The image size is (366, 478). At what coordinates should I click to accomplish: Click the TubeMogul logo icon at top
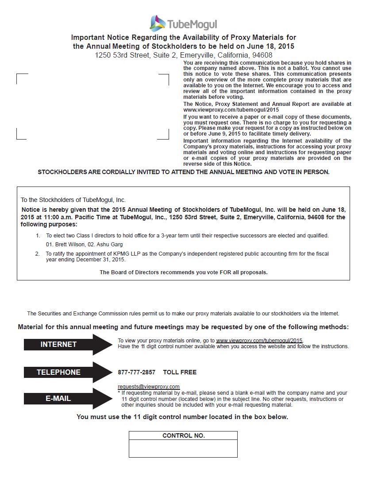click(x=158, y=23)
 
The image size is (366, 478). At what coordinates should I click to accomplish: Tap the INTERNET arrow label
click(x=58, y=344)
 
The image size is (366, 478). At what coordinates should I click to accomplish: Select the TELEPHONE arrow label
click(x=58, y=372)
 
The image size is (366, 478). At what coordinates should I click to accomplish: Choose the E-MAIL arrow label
click(x=58, y=398)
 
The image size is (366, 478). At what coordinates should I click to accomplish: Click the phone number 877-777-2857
click(x=136, y=372)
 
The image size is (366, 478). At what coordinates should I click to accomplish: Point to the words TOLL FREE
click(x=180, y=372)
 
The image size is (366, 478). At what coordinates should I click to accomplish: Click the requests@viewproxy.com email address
click(x=149, y=386)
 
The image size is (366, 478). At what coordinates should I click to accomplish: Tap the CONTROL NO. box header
click(x=183, y=435)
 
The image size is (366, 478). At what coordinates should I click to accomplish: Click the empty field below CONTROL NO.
click(x=183, y=448)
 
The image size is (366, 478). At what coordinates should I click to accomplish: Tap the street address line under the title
click(x=183, y=55)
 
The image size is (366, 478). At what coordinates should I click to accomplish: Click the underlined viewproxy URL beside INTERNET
click(x=259, y=340)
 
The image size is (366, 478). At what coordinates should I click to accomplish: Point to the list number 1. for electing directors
click(x=38, y=236)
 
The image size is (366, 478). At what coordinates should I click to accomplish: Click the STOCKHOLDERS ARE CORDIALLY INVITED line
click(x=183, y=172)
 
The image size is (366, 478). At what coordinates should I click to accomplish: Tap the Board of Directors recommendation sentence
click(x=183, y=272)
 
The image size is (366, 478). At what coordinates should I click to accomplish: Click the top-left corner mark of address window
click(x=18, y=75)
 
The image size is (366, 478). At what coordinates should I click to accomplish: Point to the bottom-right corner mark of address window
click(x=168, y=138)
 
